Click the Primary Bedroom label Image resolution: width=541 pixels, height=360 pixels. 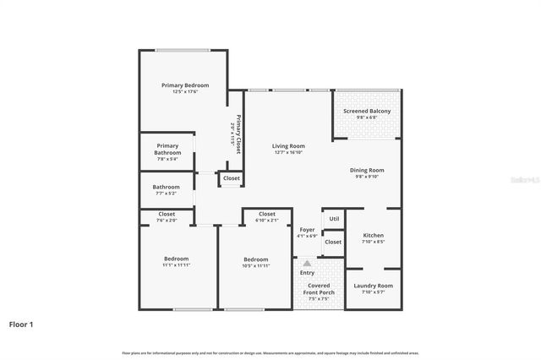tap(185, 85)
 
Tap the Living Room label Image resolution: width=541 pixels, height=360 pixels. tap(289, 146)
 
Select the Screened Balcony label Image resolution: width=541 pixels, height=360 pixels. tap(367, 111)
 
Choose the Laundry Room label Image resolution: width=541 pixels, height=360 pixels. tap(373, 286)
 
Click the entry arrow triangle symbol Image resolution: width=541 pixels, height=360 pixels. tap(307, 264)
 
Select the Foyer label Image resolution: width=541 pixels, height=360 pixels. tap(307, 230)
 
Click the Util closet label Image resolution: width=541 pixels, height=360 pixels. tap(334, 218)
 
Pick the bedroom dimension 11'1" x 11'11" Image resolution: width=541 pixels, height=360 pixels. tap(176, 265)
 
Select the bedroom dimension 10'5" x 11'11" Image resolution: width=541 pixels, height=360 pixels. tap(255, 265)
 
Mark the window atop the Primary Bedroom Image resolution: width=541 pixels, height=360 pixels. tap(183, 50)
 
